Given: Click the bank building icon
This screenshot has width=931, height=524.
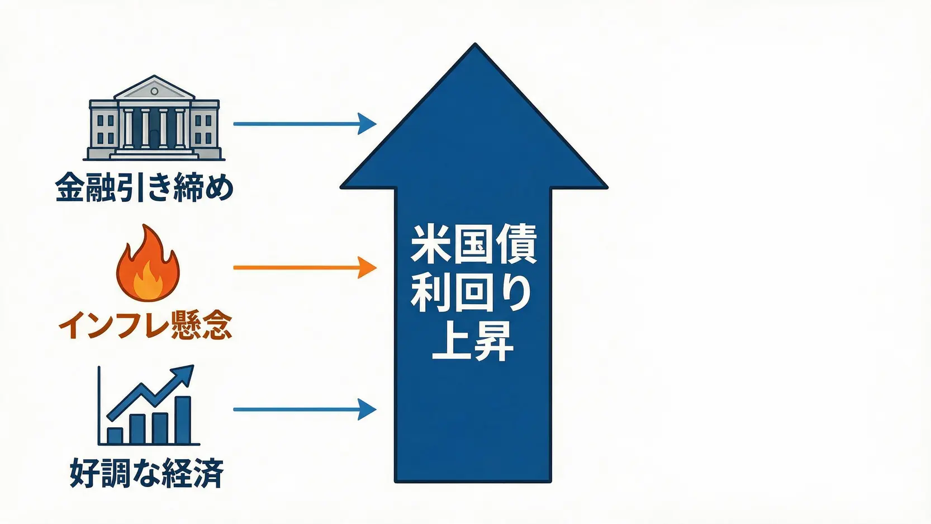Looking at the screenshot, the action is pyautogui.click(x=154, y=118).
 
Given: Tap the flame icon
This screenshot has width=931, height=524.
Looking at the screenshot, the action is pyautogui.click(x=148, y=263).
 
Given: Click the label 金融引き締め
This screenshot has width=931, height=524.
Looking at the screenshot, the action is pyautogui.click(x=144, y=187).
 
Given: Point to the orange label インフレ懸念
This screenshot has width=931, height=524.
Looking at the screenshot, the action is pyautogui.click(x=145, y=325).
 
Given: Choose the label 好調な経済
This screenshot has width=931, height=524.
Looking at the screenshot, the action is pyautogui.click(x=147, y=473).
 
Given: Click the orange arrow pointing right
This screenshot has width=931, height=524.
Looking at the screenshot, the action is pyautogui.click(x=305, y=267).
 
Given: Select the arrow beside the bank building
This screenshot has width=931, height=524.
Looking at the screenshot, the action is pyautogui.click(x=305, y=124).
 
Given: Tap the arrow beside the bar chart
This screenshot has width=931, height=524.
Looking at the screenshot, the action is pyautogui.click(x=305, y=409).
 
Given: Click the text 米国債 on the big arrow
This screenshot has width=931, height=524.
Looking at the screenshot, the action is pyautogui.click(x=473, y=245).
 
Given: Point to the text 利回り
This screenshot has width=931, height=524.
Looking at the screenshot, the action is pyautogui.click(x=471, y=295).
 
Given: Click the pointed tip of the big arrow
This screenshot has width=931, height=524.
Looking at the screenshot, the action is pyautogui.click(x=474, y=44).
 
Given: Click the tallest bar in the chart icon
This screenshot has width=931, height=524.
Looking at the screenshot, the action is pyautogui.click(x=183, y=420).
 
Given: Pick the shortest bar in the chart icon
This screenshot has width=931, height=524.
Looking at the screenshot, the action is pyautogui.click(x=115, y=436).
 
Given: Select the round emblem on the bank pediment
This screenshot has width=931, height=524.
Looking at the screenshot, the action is pyautogui.click(x=154, y=91).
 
